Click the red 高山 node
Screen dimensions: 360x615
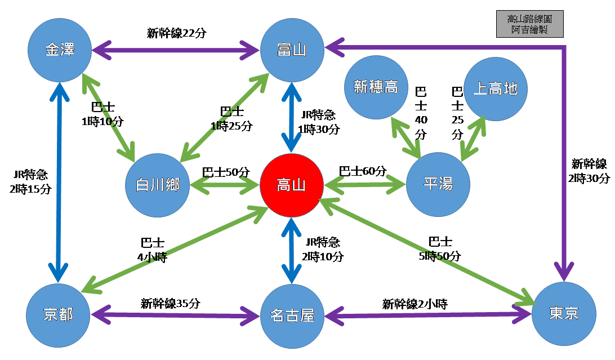tap(291, 185)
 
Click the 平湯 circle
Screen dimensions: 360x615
tap(438, 184)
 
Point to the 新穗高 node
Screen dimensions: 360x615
tap(376, 87)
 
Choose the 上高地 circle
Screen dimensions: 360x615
tap(495, 88)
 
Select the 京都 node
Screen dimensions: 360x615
tap(58, 314)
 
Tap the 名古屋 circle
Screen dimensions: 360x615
tap(292, 315)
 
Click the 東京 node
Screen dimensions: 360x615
tap(563, 313)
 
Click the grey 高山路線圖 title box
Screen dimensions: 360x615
tap(529, 24)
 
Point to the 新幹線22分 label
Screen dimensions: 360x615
tap(177, 33)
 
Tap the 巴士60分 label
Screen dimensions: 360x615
tap(363, 171)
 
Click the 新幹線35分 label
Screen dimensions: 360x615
tap(170, 303)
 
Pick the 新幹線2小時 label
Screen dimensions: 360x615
tap(415, 304)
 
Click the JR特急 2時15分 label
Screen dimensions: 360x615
tap(30, 182)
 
